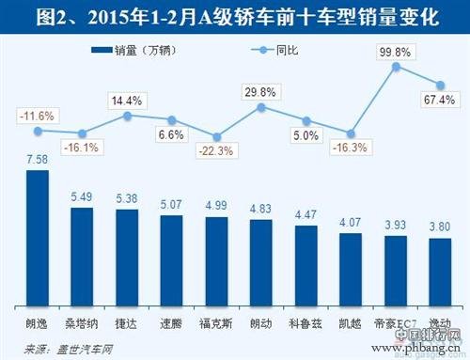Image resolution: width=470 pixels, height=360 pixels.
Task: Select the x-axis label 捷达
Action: [x=128, y=324]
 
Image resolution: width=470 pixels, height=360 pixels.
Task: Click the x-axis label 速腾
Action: [x=172, y=324]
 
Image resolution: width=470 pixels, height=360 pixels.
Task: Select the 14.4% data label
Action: [x=128, y=99]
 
